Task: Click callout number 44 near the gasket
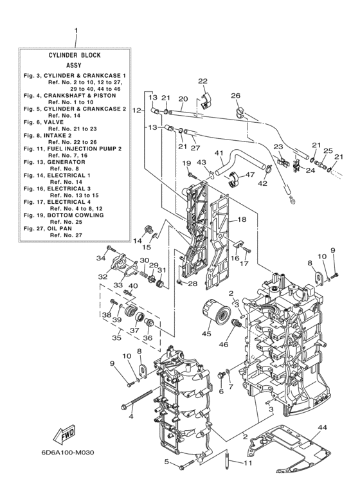(x=322, y=427)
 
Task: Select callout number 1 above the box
(x=75, y=30)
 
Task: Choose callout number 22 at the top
(x=203, y=82)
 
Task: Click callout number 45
(x=206, y=333)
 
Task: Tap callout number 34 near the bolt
(x=100, y=258)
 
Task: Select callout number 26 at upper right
(x=235, y=96)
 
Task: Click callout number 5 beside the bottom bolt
(x=166, y=462)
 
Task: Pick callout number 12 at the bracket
(x=136, y=111)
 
